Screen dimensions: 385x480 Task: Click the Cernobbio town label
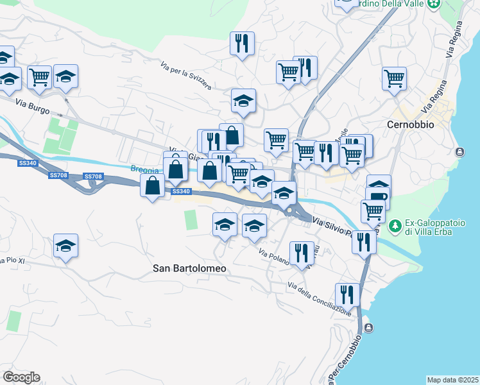[411, 124]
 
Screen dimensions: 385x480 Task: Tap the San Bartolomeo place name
[190, 269]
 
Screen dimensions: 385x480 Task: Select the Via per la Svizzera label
[186, 76]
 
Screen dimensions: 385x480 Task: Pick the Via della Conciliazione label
[320, 299]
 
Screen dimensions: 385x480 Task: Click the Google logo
[21, 377]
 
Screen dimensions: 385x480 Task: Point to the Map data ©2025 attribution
[452, 380]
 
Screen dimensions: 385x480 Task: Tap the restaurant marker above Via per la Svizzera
[242, 44]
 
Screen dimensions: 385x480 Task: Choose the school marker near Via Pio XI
[65, 246]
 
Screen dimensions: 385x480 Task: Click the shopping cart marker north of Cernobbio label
[394, 79]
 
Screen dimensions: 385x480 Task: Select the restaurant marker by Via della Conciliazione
[347, 295]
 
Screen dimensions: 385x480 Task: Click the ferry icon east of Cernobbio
[459, 152]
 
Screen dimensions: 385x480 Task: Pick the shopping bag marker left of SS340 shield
[152, 187]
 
